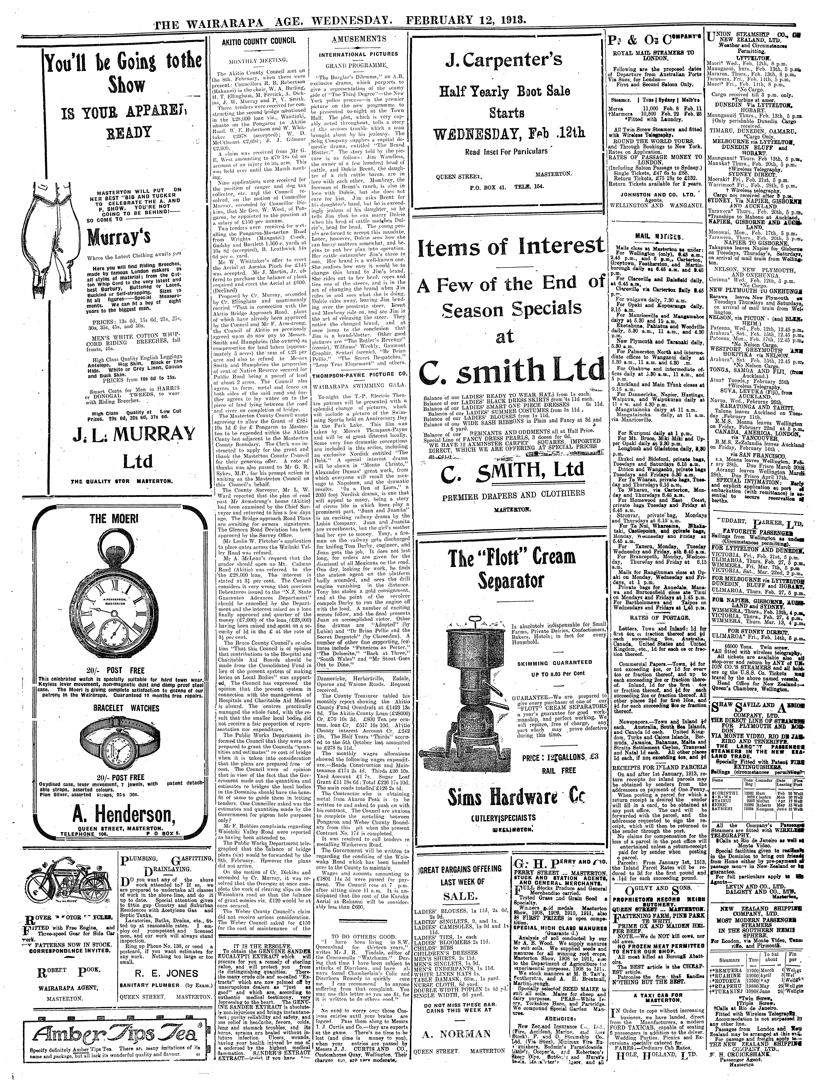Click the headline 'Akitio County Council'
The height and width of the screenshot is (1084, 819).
(x=259, y=42)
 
